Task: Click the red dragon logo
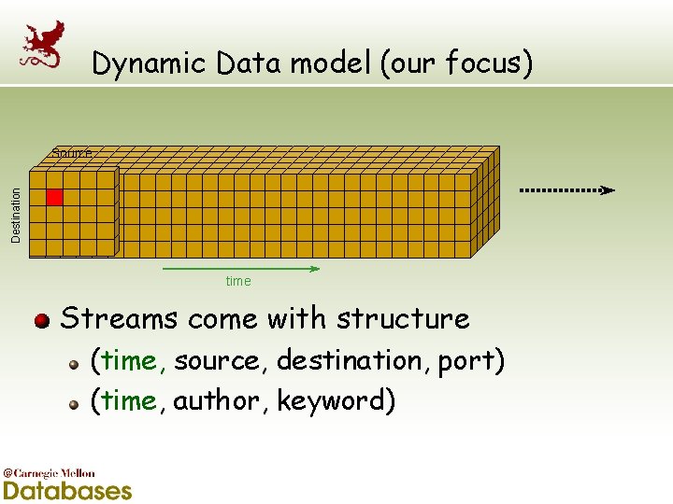pyautogui.click(x=44, y=45)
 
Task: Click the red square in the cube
pyautogui.click(x=54, y=197)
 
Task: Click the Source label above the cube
pyautogui.click(x=71, y=153)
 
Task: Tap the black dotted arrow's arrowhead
pyautogui.click(x=608, y=190)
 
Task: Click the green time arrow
pyautogui.click(x=241, y=269)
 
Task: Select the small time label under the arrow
pyautogui.click(x=238, y=281)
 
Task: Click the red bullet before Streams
pyautogui.click(x=41, y=322)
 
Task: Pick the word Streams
pyautogui.click(x=119, y=318)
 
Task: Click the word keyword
pyautogui.click(x=331, y=401)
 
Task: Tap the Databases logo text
pyautogui.click(x=67, y=490)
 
